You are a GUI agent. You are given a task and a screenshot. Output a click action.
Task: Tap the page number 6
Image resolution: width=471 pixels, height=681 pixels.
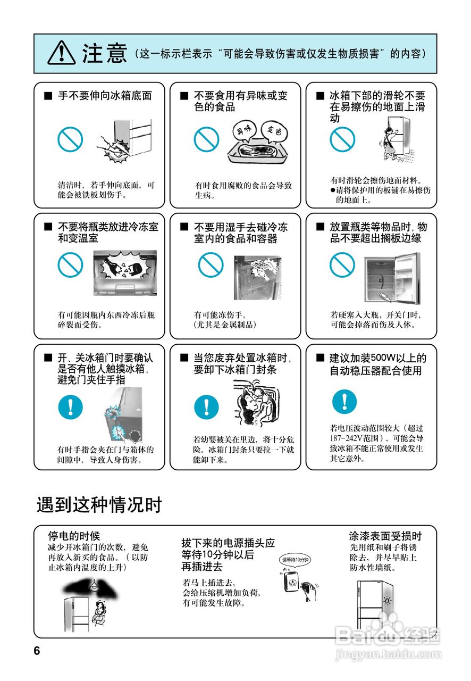(x=37, y=651)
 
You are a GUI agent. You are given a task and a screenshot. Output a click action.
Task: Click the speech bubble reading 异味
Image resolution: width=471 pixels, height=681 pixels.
(x=246, y=131)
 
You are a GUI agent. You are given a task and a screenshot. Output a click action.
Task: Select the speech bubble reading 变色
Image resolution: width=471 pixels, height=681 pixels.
(x=274, y=131)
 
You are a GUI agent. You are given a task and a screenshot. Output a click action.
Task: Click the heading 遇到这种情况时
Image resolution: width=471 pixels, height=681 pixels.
(x=99, y=505)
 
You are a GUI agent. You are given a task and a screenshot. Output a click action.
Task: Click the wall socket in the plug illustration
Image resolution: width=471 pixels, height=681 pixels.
(x=292, y=582)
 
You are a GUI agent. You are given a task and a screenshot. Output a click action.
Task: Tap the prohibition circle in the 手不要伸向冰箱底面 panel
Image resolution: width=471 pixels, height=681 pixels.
(x=70, y=139)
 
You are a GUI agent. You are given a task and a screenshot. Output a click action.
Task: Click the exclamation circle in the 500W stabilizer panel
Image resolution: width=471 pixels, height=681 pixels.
(x=344, y=402)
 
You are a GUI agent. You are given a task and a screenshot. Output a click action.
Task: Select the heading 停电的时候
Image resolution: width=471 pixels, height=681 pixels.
(x=74, y=535)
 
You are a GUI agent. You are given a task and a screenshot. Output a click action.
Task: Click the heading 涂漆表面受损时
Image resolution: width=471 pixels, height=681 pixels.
(x=385, y=535)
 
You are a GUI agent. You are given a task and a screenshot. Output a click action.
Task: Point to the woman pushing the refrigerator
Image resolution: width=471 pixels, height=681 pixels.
(x=390, y=144)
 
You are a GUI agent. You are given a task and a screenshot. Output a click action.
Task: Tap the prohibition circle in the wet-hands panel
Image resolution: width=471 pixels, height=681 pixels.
(x=211, y=265)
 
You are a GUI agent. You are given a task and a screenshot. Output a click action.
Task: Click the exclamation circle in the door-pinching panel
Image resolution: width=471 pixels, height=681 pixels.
(x=71, y=407)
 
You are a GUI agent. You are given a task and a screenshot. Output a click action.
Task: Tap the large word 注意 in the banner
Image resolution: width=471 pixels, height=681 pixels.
(x=104, y=54)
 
